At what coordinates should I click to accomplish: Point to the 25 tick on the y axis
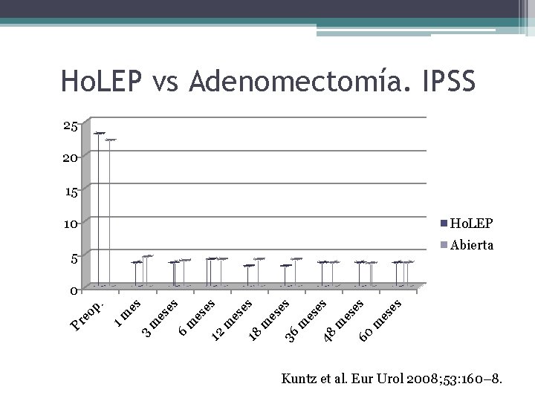point(70,125)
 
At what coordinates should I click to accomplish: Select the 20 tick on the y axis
point(70,157)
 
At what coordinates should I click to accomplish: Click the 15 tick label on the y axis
point(70,192)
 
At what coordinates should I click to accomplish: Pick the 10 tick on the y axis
point(70,224)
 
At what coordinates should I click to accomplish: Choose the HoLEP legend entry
point(470,224)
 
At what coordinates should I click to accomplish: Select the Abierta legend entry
point(470,245)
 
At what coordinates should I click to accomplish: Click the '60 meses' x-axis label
point(380,319)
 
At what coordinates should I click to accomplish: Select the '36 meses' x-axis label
point(306,319)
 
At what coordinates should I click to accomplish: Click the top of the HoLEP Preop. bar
point(99,133)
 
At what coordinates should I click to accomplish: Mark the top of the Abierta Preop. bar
point(111,140)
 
